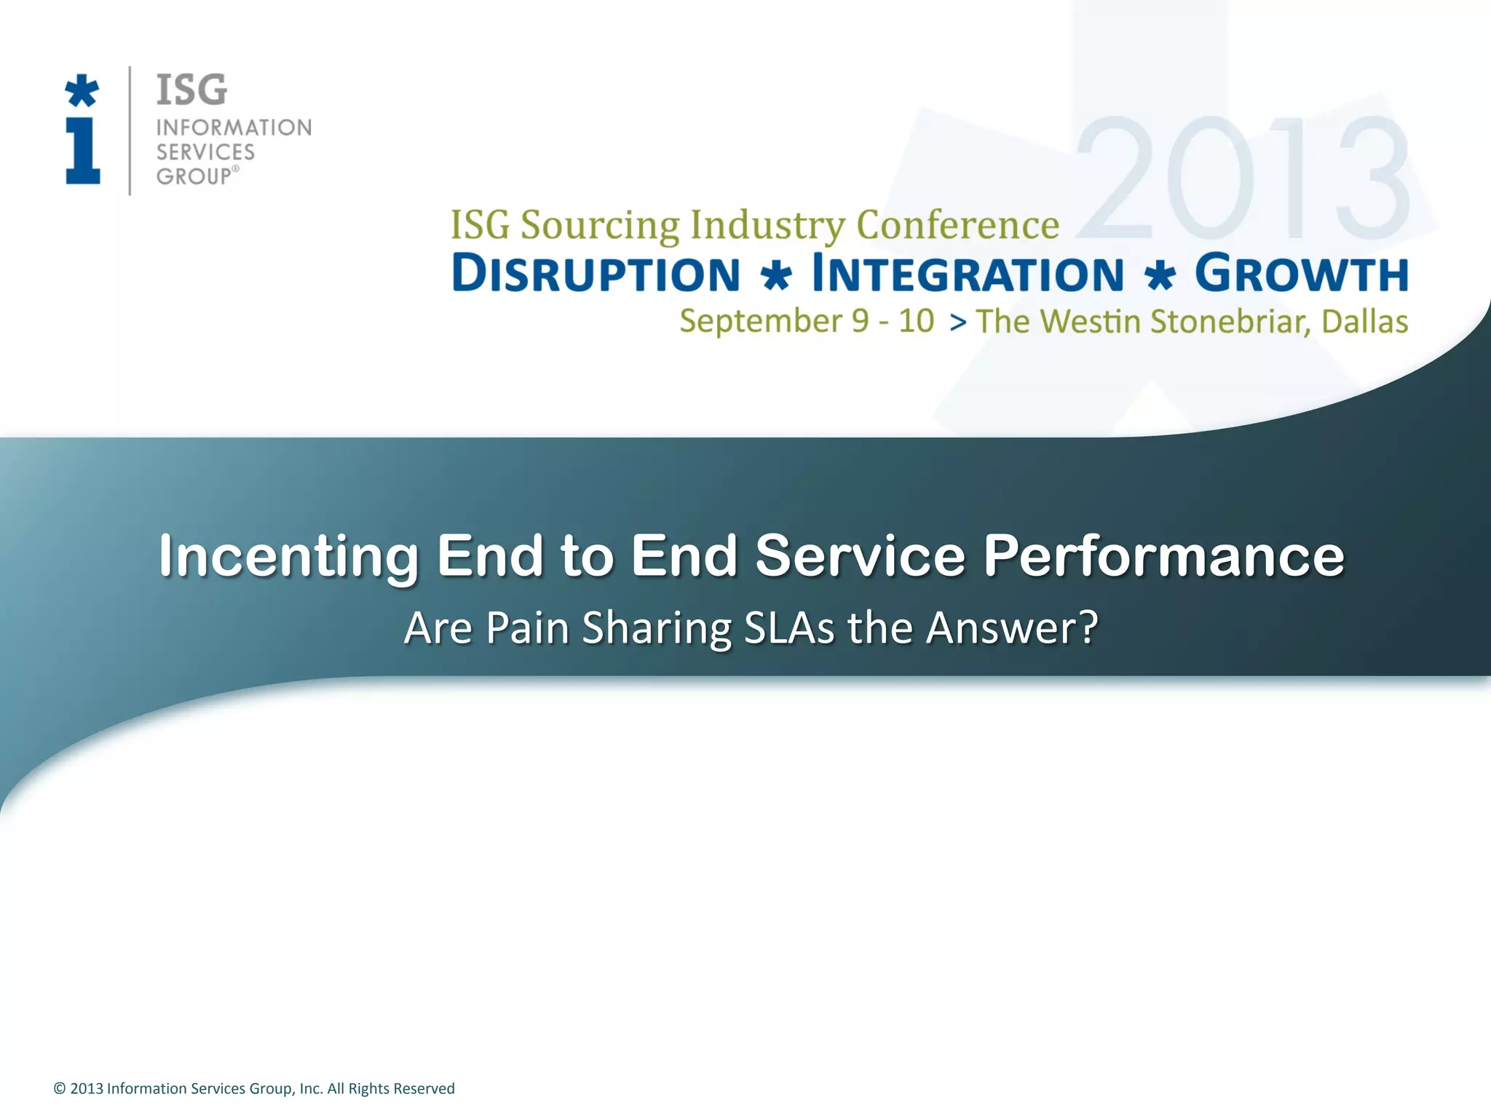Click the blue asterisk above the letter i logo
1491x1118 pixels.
tap(82, 91)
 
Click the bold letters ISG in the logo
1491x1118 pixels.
tap(191, 90)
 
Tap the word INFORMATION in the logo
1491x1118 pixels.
tap(234, 128)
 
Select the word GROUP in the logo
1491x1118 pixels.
tap(194, 177)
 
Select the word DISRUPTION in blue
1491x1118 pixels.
tap(596, 274)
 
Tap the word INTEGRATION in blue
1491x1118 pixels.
tap(968, 274)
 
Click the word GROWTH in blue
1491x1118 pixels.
tap(1301, 274)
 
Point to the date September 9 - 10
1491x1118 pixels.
tap(806, 321)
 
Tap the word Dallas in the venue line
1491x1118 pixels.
tap(1364, 322)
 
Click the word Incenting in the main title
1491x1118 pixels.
tap(288, 556)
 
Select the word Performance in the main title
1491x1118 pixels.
tap(1163, 556)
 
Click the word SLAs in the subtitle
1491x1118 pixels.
tap(789, 627)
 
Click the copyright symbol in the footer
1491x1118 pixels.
tap(60, 1088)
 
